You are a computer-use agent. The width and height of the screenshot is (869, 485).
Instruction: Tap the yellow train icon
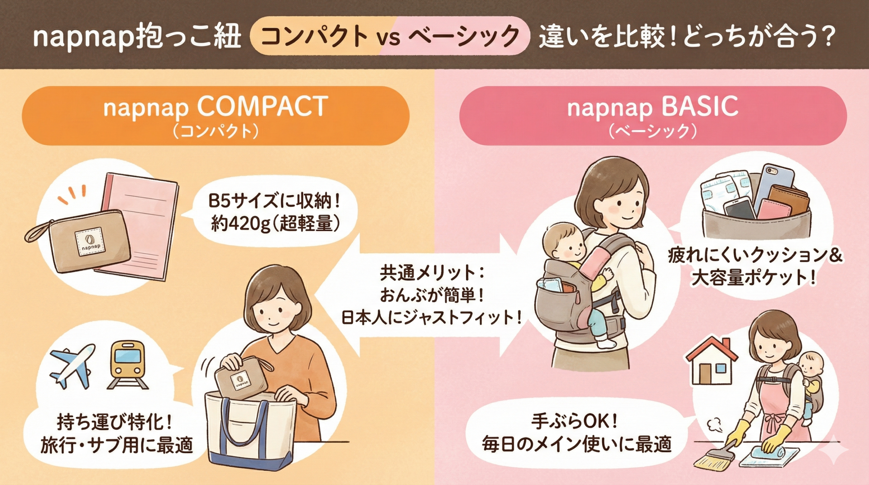pos(128,364)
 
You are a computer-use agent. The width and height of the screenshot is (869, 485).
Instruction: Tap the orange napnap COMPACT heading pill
pos(216,116)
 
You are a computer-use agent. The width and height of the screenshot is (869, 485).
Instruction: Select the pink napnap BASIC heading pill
pos(653,116)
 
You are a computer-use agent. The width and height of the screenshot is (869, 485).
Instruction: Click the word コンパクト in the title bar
pos(314,36)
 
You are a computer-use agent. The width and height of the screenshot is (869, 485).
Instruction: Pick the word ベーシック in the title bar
pos(463,36)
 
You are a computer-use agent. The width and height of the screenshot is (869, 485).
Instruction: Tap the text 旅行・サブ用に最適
pos(117,445)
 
